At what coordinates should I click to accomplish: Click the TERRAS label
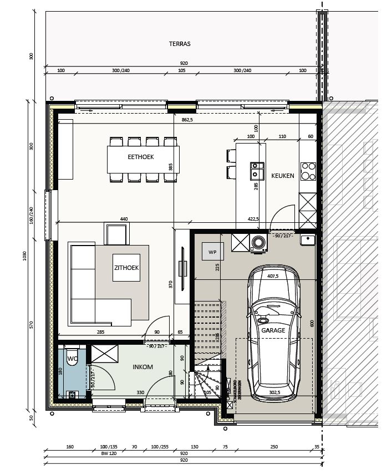[180, 44]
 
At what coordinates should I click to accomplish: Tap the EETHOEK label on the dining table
[140, 157]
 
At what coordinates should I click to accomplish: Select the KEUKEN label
[282, 176]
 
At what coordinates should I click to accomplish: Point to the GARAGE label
[273, 330]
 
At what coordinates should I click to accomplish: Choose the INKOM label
[142, 367]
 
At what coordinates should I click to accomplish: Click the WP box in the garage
[212, 252]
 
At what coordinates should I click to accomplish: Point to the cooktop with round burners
[306, 171]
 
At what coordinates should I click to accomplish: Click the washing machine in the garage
[258, 242]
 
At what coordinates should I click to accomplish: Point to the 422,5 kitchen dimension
[254, 219]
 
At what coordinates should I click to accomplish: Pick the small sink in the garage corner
[308, 239]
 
